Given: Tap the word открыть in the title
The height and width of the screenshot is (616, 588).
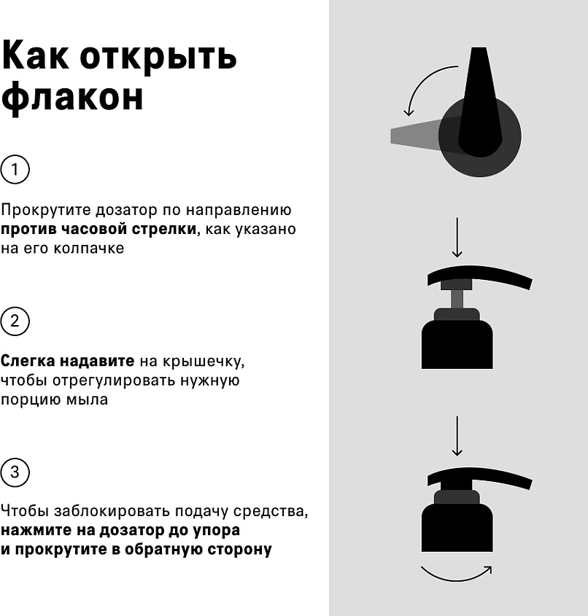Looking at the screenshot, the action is [x=158, y=58].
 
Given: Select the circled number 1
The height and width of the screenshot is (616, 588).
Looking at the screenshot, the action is [x=15, y=170].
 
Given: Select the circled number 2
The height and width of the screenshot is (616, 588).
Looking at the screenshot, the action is [x=15, y=321].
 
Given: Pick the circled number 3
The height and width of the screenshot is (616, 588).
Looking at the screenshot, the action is [x=15, y=472].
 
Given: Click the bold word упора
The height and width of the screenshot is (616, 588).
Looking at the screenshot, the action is [x=216, y=531].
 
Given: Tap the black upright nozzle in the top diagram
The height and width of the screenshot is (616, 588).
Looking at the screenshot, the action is [x=480, y=101].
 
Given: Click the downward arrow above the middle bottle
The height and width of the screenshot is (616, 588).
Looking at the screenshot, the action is [x=457, y=237].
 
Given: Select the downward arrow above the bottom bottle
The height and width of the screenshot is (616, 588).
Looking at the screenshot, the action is [x=457, y=436].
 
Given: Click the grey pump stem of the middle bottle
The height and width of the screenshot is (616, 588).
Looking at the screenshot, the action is [x=457, y=299].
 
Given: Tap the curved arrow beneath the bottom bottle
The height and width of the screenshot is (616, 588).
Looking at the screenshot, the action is [x=456, y=577].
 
